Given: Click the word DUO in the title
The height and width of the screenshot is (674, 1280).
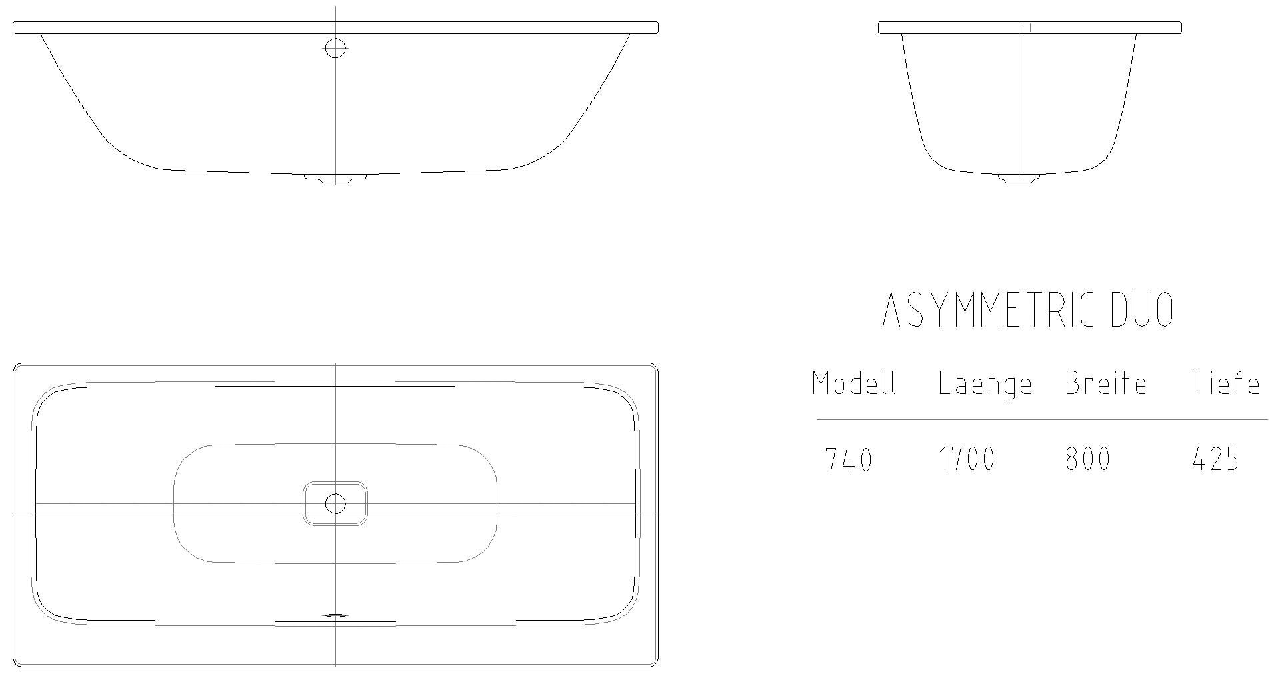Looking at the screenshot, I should [x=1142, y=311].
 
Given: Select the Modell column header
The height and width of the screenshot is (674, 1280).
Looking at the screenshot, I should [x=854, y=383].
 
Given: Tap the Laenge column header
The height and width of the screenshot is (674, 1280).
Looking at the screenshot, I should [x=985, y=385].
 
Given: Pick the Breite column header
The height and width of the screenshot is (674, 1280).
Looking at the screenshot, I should [x=1105, y=383].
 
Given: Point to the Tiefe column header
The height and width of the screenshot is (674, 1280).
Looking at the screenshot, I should [x=1226, y=383].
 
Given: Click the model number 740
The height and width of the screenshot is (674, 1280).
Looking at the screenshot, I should [x=849, y=460].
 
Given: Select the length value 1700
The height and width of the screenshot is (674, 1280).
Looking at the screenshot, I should [x=967, y=460].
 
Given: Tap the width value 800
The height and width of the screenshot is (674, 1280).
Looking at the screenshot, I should [x=1087, y=460].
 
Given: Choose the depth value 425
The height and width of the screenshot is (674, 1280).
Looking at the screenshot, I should [x=1215, y=460].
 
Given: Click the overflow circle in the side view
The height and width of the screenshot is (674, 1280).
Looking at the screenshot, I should [x=335, y=47].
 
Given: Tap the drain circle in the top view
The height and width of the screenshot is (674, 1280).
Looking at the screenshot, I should [x=335, y=504].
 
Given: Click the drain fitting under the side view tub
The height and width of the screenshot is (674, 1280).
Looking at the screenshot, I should [x=335, y=178].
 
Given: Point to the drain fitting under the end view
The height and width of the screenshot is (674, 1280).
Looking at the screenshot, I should [x=1019, y=178].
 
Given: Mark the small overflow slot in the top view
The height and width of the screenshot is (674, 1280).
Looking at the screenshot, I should [x=335, y=616].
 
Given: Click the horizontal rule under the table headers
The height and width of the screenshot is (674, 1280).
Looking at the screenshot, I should [x=1042, y=420].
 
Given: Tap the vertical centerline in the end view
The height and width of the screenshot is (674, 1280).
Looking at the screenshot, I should [x=1019, y=100].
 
